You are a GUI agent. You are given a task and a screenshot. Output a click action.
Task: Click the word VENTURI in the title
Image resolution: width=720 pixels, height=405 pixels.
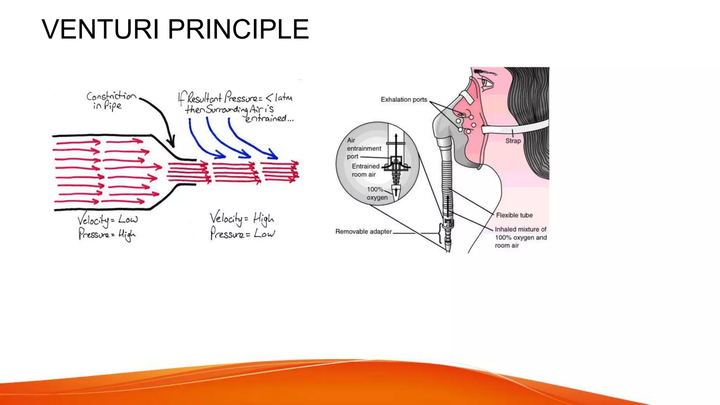click(100, 29)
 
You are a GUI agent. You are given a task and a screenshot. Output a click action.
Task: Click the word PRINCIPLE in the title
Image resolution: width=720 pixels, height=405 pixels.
click(238, 29)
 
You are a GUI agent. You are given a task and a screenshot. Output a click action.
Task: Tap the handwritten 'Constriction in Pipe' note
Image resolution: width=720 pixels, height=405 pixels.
click(110, 101)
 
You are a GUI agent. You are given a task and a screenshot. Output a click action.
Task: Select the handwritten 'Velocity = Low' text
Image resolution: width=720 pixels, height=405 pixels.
click(107, 220)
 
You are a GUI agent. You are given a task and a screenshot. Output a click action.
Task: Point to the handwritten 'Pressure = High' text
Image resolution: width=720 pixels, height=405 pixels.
click(107, 234)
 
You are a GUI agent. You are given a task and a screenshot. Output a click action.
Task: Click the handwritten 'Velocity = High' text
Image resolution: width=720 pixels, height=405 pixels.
click(242, 219)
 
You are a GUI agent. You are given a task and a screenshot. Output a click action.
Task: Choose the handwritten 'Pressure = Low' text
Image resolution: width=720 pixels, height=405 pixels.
click(242, 233)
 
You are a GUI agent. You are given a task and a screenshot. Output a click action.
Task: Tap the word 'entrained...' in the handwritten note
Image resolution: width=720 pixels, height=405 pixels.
click(269, 119)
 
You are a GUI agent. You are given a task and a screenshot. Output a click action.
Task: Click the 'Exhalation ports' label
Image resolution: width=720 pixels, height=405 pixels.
click(404, 100)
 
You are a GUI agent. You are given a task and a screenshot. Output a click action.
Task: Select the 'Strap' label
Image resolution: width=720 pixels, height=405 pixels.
click(513, 141)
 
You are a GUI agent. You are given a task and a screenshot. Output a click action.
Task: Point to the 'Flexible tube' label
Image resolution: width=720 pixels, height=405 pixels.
click(514, 215)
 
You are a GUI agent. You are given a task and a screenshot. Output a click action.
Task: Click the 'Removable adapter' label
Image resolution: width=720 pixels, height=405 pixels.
click(363, 232)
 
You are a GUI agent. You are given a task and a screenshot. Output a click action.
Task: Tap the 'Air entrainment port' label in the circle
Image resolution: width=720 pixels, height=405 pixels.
click(363, 148)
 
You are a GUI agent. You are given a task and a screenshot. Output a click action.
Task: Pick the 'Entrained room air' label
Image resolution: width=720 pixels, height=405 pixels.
click(365, 171)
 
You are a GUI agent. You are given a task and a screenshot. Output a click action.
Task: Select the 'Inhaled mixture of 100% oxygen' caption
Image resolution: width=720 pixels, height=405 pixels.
click(520, 237)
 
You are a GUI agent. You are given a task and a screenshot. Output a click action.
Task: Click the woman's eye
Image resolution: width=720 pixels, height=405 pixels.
click(487, 83)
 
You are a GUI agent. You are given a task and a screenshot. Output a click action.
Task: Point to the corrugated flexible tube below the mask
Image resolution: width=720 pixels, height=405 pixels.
click(446, 176)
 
